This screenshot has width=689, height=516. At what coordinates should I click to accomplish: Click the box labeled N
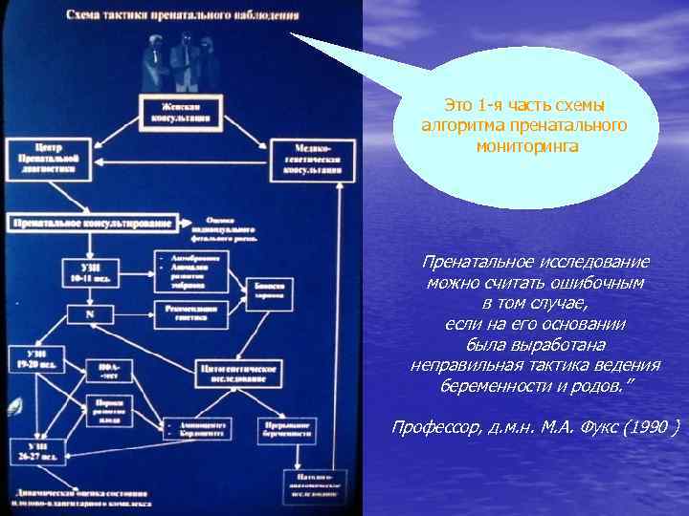pyautogui.click(x=88, y=313)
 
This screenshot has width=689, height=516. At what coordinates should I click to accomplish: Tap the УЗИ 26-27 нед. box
pyautogui.click(x=38, y=452)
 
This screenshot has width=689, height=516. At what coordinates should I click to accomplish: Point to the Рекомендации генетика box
pyautogui.click(x=190, y=312)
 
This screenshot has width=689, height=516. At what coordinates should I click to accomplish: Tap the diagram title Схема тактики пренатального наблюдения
pyautogui.click(x=183, y=16)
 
